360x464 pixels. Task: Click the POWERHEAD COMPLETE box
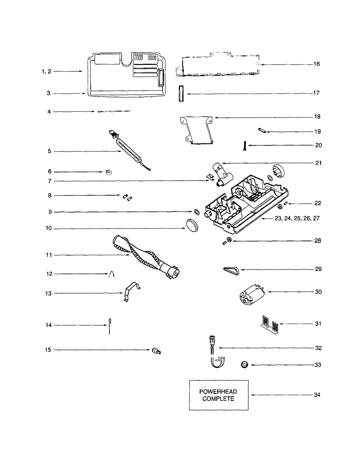219,395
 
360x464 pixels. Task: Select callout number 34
317,395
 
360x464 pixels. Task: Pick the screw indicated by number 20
245,146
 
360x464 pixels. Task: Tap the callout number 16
316,64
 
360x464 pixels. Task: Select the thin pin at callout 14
110,326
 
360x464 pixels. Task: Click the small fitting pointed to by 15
156,351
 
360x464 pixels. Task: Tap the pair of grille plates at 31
269,324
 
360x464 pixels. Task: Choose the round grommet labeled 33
244,365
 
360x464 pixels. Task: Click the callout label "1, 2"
47,71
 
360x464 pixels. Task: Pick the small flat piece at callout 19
262,131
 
